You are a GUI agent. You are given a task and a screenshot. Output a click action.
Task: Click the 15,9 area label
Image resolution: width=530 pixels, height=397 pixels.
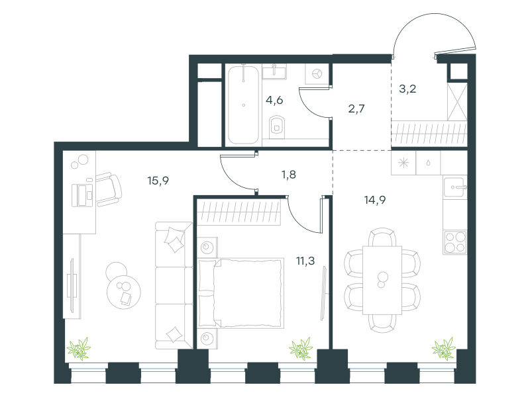coord(158,181)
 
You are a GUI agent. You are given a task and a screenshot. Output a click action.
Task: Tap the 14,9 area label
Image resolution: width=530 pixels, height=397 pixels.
coord(375,200)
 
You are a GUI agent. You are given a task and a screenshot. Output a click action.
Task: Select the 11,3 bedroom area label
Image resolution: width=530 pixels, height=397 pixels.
coord(305,261)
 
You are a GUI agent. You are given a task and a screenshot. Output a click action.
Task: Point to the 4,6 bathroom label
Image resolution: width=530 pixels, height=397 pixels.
coord(274,101)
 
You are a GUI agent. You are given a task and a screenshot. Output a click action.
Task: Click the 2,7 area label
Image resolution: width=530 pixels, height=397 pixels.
coord(356,109)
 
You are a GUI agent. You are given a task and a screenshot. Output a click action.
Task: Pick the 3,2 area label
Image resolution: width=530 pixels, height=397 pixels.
coord(407,89)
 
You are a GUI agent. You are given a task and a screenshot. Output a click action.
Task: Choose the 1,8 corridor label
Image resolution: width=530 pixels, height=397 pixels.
coord(289,175)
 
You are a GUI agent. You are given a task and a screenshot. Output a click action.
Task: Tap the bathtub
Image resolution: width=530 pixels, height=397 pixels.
coord(243,105)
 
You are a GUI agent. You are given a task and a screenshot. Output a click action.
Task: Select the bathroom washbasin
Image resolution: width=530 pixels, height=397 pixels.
coord(274,72)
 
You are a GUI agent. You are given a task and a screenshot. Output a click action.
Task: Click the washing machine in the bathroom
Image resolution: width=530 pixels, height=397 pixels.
coord(317,74)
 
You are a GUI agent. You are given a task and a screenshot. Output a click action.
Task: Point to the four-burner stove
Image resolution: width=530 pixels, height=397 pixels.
coord(454,242)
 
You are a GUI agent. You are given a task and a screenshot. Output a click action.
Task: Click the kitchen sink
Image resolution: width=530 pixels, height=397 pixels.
coord(455,187)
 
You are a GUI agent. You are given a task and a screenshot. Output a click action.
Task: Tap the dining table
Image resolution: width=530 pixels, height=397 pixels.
coord(382,280)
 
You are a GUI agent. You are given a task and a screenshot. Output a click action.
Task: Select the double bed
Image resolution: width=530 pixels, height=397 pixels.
coord(240,293)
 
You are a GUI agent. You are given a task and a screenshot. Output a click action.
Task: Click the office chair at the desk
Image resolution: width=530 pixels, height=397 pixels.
coord(108,189)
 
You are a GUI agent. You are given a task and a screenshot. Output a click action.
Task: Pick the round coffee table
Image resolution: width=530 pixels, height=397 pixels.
coord(124,291)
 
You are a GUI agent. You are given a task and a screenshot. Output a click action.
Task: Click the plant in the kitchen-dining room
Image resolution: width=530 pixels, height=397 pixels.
coord(444,349)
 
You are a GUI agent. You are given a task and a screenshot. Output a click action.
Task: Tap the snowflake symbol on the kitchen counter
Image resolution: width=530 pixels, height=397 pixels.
coord(403,163)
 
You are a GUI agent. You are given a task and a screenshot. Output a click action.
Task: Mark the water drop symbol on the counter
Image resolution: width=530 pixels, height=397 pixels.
coord(428,163)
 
